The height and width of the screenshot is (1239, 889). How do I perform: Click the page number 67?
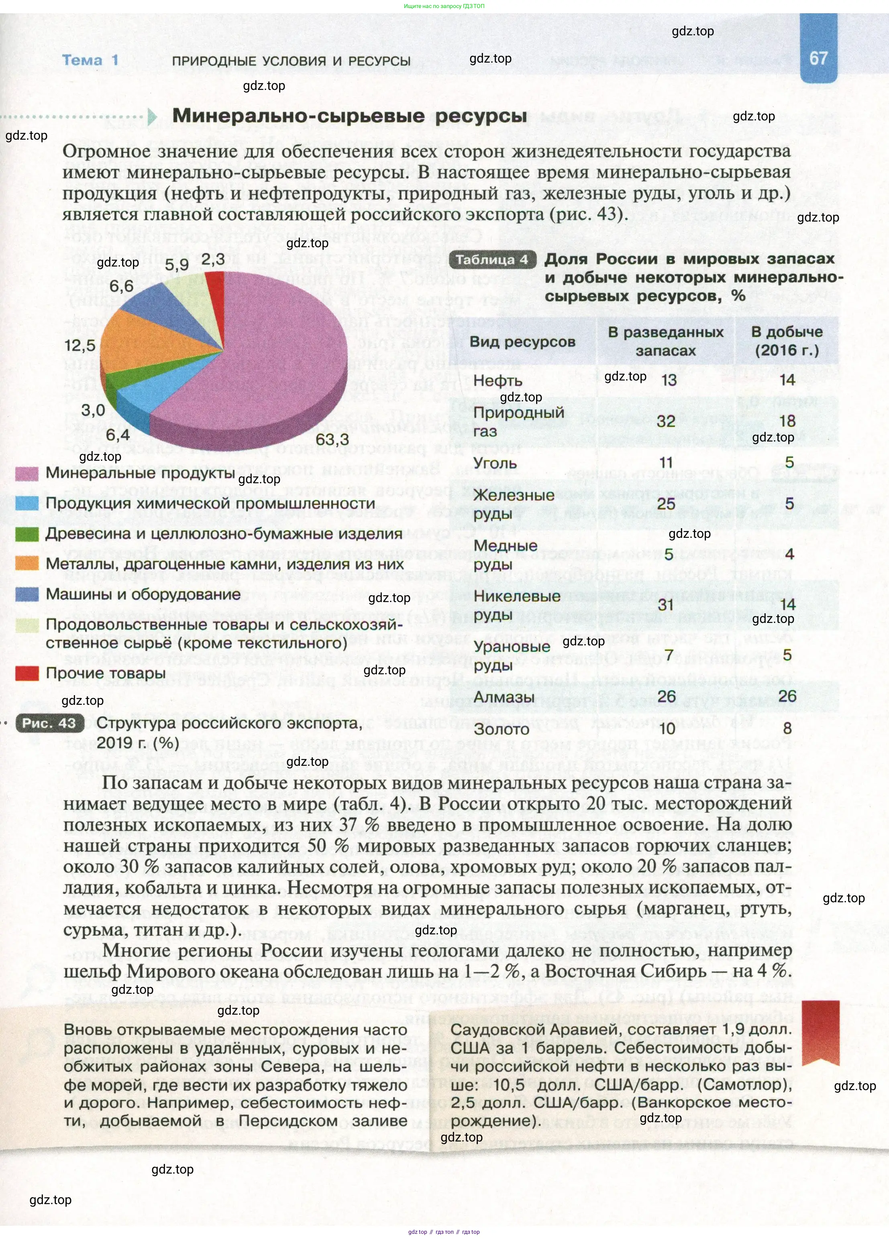point(818,58)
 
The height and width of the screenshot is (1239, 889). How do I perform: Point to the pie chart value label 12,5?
point(80,345)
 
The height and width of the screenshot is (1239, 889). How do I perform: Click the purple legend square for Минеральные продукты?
point(27,474)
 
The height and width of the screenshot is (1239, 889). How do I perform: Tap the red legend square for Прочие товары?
point(27,673)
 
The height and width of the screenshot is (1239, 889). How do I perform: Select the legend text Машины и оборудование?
point(143,594)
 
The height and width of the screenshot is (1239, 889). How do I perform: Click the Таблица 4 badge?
point(492,260)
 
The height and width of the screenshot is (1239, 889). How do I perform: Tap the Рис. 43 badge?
point(49,723)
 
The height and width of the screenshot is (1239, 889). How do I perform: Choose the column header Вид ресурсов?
point(522,342)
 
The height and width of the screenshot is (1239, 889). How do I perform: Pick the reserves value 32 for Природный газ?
point(665,421)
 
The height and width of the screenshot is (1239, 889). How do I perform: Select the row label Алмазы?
point(504,697)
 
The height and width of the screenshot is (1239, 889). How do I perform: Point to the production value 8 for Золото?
point(787,728)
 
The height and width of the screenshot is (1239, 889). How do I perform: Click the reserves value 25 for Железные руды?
point(665,504)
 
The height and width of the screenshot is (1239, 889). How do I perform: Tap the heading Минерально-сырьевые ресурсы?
point(350,116)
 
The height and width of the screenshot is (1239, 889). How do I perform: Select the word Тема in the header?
point(82,60)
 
